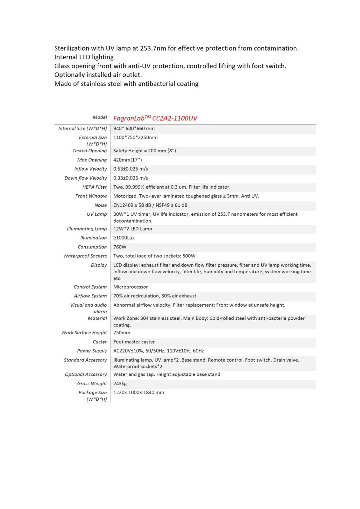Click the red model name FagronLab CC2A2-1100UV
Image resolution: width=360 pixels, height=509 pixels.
coord(155,118)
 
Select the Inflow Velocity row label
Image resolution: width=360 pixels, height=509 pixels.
coord(90,169)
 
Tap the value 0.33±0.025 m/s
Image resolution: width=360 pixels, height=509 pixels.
coord(131,178)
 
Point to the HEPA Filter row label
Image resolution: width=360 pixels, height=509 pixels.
coord(95,187)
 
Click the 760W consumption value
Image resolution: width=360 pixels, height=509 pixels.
coord(120,247)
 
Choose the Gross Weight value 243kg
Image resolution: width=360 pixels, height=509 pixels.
coord(120,383)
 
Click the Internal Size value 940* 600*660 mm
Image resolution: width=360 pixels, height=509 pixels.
coord(134,129)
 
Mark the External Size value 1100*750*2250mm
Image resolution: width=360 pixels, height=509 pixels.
coord(135,137)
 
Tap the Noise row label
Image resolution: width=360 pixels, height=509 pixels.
coord(101,205)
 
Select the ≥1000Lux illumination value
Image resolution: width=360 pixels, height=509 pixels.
coord(124,238)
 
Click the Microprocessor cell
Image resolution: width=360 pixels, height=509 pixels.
coord(131,287)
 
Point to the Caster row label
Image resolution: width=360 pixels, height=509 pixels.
coord(100,342)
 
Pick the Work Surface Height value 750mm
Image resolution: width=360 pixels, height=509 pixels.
coord(122,332)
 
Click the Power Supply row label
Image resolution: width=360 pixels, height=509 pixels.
coord(92,351)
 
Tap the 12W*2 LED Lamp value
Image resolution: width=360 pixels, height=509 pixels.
coord(132,229)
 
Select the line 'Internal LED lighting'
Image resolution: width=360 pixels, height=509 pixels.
coord(84,57)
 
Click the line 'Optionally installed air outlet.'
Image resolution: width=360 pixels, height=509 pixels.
coord(98,75)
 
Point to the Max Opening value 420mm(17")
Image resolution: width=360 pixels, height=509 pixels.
coord(127,160)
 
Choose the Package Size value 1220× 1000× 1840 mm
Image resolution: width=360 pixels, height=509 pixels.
coord(138,392)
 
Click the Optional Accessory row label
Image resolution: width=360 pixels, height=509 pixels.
coord(86,374)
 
